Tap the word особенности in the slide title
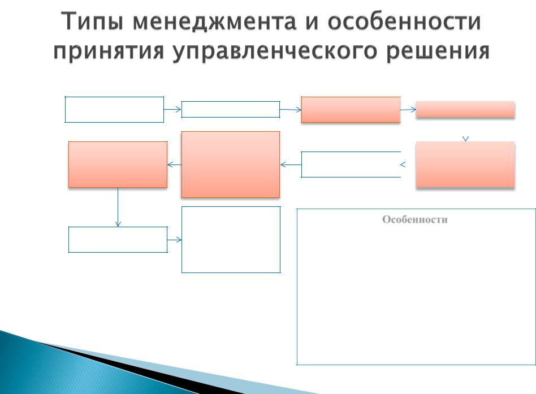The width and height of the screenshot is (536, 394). (404, 21)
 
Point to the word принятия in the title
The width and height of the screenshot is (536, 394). (109, 52)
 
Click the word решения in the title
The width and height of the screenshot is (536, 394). (439, 51)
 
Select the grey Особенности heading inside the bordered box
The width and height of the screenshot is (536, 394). (414, 219)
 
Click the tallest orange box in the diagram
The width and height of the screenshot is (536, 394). (230, 164)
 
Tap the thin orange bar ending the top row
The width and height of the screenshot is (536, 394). (465, 109)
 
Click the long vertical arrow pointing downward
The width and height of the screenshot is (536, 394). (118, 207)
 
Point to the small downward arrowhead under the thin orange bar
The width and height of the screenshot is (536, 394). (465, 138)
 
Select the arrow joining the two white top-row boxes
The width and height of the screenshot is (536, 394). (172, 109)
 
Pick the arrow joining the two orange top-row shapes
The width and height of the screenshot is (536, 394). (408, 110)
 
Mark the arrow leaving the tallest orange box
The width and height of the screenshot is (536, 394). (174, 164)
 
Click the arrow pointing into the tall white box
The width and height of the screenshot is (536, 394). (174, 240)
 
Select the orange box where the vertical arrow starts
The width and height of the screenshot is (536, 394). (118, 164)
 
